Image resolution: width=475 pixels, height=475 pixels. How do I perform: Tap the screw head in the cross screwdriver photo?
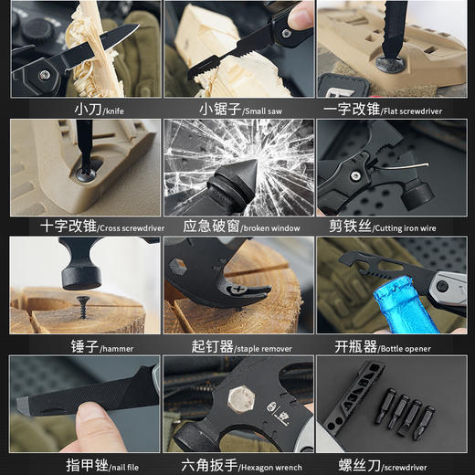click(86, 170)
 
